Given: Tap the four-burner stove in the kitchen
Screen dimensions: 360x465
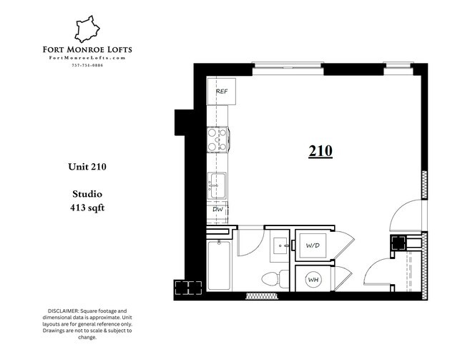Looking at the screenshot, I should click(217, 139).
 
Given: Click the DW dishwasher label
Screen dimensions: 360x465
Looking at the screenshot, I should click(217, 210).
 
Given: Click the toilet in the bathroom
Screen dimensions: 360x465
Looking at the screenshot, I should click(273, 280).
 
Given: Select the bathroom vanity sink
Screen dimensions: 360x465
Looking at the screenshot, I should click(280, 247).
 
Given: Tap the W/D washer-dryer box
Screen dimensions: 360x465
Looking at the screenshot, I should click(313, 246).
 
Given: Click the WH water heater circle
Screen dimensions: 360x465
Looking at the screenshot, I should click(313, 280).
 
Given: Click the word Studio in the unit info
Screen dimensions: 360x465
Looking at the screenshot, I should click(87, 193).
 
